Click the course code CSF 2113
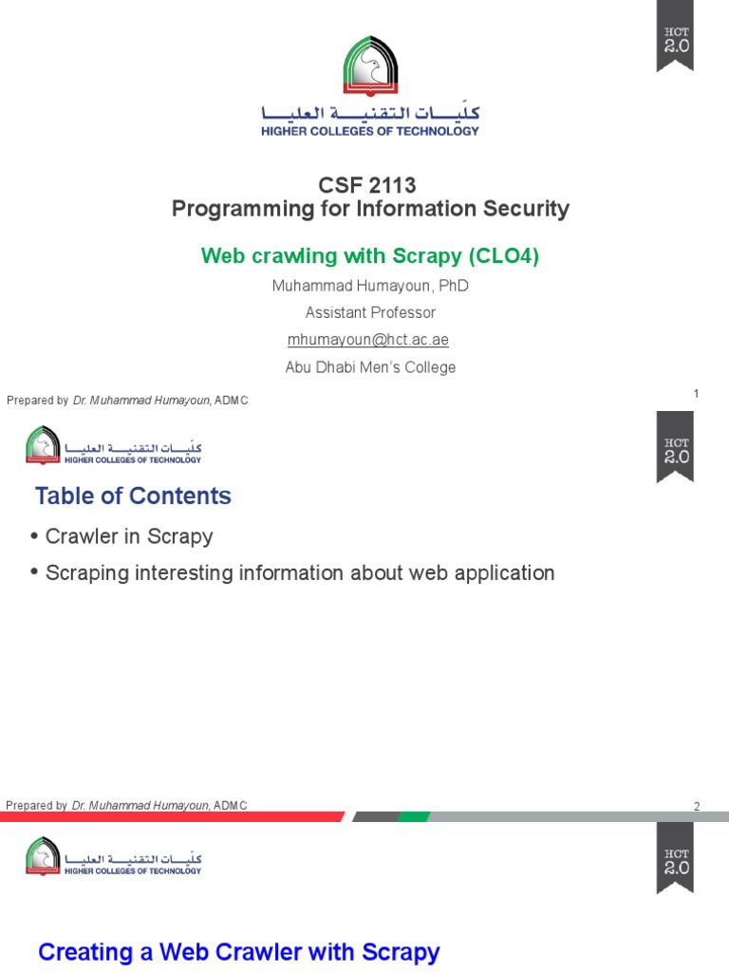370,185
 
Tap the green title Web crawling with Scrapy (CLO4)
370,255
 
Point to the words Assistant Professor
370,312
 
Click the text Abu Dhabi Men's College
370,367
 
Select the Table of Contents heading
133,495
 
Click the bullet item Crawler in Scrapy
129,536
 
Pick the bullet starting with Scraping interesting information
300,572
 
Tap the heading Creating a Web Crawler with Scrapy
238,952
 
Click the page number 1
696,393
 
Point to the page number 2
696,807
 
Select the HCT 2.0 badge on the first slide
676,36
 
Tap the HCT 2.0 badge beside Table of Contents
676,446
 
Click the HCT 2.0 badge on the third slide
676,857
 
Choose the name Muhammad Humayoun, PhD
370,286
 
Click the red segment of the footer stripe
171,816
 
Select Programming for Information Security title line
370,209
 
